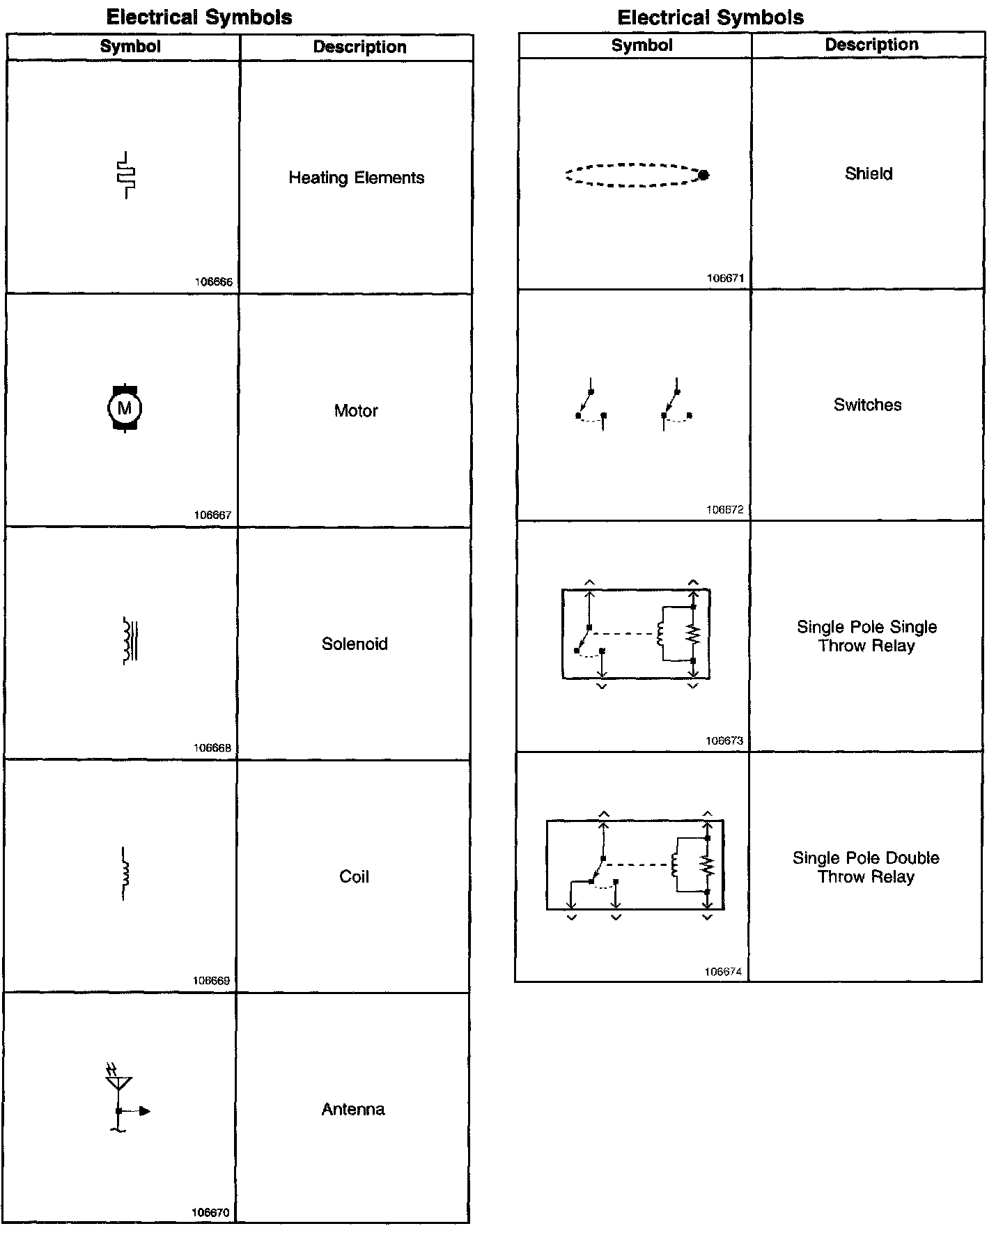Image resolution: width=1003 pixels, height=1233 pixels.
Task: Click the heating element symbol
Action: click(126, 175)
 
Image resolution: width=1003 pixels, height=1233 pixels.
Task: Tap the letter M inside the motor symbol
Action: click(125, 408)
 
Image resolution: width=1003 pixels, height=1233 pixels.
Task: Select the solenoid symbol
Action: click(130, 641)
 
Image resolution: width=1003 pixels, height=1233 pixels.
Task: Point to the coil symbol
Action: click(125, 874)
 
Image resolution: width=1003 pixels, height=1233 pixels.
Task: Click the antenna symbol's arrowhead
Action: click(145, 1111)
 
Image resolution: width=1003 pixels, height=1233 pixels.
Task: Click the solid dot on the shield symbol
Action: click(703, 175)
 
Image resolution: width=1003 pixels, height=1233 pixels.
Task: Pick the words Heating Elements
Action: click(356, 178)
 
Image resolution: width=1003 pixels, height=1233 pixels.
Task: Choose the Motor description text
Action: click(356, 411)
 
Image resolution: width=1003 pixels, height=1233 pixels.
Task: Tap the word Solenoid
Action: click(355, 644)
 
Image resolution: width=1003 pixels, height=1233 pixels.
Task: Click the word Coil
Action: click(354, 876)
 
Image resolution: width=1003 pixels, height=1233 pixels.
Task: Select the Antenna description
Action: click(353, 1109)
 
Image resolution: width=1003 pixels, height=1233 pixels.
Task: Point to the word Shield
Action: click(869, 173)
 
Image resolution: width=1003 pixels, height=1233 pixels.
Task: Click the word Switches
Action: click(867, 405)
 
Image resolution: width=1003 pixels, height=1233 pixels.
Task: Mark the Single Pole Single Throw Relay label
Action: click(866, 636)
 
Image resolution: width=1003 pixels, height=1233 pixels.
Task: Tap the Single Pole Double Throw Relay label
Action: click(866, 867)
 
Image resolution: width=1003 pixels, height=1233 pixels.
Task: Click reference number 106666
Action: click(214, 282)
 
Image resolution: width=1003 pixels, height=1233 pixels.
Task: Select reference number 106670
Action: click(210, 1213)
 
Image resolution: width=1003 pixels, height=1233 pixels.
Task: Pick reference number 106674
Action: click(723, 972)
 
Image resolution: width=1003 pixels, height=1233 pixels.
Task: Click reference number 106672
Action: click(725, 510)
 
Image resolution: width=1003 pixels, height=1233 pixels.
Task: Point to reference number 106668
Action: click(212, 748)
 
